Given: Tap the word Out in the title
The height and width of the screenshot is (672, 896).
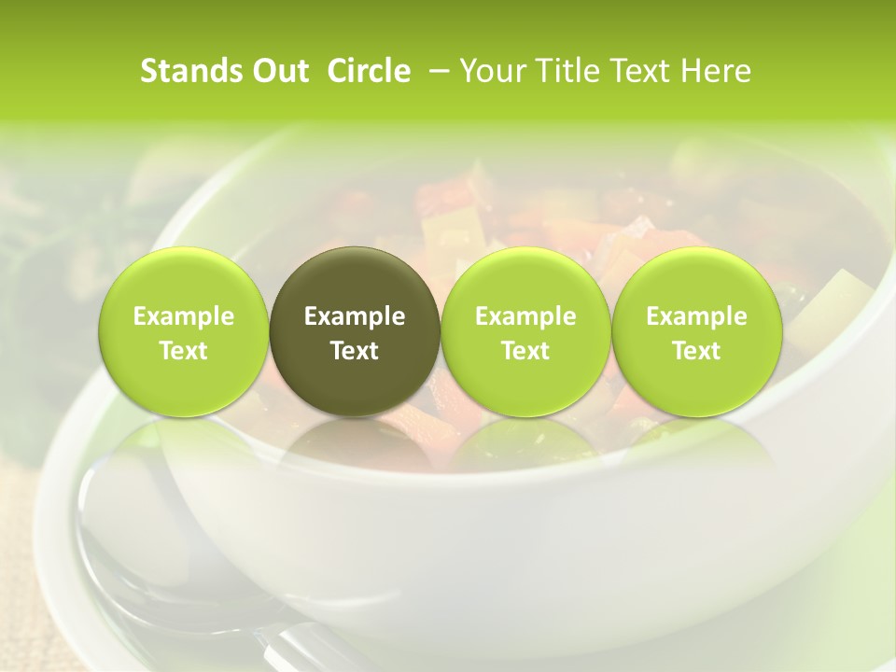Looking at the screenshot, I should [x=278, y=71].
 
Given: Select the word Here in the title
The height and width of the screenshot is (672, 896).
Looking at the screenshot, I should [x=718, y=71].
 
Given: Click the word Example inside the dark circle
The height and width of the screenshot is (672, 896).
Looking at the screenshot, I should [x=355, y=316].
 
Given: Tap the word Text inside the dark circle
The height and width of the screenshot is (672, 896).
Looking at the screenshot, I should [x=355, y=351].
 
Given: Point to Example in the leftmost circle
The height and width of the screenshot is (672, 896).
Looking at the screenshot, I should [x=184, y=316].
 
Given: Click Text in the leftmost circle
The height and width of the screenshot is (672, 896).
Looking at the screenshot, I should [x=184, y=351].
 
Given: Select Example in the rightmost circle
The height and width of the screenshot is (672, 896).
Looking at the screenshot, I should [x=696, y=316].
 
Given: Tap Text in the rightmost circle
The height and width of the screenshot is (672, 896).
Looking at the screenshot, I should [x=696, y=351].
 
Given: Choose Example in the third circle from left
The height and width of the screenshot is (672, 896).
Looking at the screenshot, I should [x=525, y=316].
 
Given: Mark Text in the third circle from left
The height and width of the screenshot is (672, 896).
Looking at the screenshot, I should [x=525, y=351].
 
